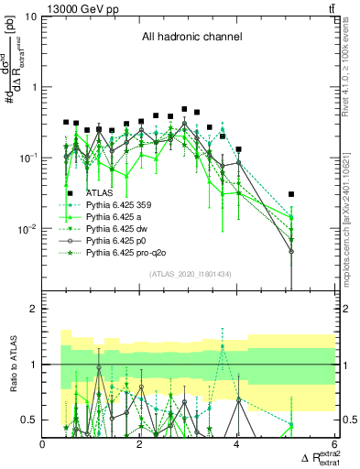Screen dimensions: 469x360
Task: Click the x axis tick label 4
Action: coord(237,444)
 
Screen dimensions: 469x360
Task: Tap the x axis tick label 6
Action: coord(333,444)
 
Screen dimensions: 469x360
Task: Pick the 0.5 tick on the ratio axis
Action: coord(31,420)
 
